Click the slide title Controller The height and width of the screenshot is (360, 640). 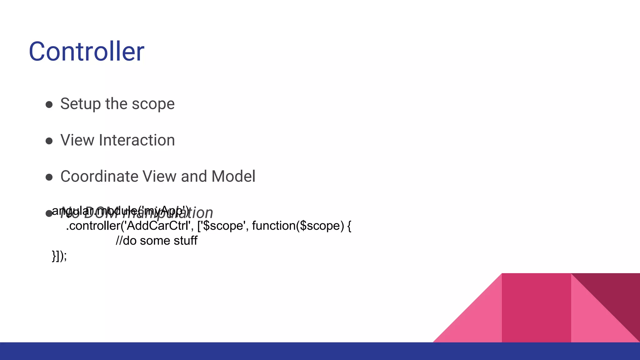pyautogui.click(x=87, y=52)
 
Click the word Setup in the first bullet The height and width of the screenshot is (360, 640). pyautogui.click(x=80, y=104)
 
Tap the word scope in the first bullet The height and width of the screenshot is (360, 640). pyautogui.click(x=153, y=104)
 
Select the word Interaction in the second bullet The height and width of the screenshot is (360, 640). pyautogui.click(x=137, y=140)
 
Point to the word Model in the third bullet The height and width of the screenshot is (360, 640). pyautogui.click(x=233, y=177)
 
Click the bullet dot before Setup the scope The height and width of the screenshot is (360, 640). pyautogui.click(x=49, y=105)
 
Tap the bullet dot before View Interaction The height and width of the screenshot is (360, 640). pyautogui.click(x=49, y=141)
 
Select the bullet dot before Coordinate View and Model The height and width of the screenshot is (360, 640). pyautogui.click(x=49, y=177)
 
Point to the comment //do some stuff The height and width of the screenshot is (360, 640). pyautogui.click(x=156, y=241)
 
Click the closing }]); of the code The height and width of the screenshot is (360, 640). pyautogui.click(x=59, y=256)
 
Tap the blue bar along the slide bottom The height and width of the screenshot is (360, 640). pyautogui.click(x=320, y=351)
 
